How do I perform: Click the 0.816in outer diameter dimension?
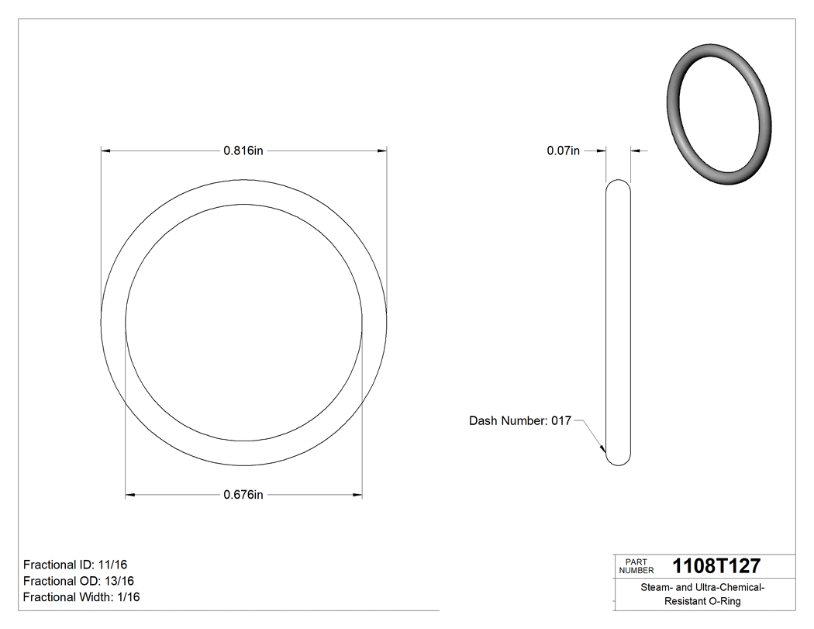[243, 151]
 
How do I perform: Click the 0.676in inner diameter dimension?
[243, 495]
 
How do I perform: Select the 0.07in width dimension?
[564, 151]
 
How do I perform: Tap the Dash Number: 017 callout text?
[519, 421]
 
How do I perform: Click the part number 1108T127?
[716, 565]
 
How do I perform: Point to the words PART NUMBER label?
[636, 566]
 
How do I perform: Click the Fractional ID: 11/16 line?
[74, 565]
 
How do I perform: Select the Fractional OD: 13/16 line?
[78, 581]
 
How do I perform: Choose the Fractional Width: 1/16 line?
[81, 597]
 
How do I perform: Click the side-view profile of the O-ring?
[618, 322]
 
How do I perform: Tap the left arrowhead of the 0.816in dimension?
[107, 151]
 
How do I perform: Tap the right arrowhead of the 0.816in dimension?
[381, 151]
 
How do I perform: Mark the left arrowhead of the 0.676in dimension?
[131, 495]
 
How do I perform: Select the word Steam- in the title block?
[655, 588]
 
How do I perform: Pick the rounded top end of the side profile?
[618, 185]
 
